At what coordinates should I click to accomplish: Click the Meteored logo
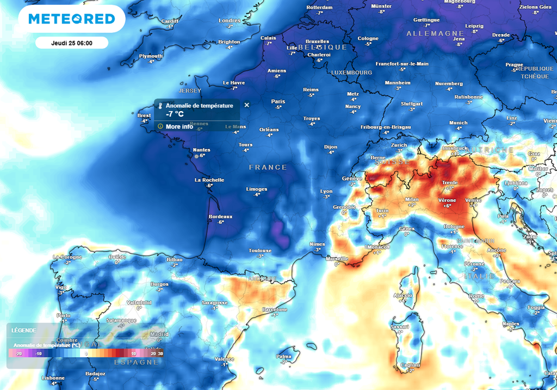pos(71,19)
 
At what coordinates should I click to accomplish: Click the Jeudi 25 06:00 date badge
pos(71,43)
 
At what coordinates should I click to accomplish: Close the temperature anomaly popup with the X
pos(246,105)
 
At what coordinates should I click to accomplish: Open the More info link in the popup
pos(179,126)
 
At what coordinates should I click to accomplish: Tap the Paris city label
pos(278,101)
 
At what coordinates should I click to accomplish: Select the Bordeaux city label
pos(220,216)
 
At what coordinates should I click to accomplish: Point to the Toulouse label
pos(260,251)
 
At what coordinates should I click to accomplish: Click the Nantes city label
pos(202,150)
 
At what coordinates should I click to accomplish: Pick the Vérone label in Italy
pos(447,200)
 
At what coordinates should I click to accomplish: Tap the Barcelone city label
pos(274,309)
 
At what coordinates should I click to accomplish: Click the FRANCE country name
pos(268,167)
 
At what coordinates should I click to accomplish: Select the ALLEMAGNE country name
pos(435,34)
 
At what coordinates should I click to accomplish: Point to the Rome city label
pos(476,296)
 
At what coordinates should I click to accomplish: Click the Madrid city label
pos(159,334)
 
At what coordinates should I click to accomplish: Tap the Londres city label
pos(229,20)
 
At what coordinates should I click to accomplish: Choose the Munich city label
pos(458,123)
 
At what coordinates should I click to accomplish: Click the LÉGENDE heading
pos(23,330)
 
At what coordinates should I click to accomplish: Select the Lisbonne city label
pos(53,377)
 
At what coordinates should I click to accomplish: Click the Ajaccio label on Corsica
pos(403,295)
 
